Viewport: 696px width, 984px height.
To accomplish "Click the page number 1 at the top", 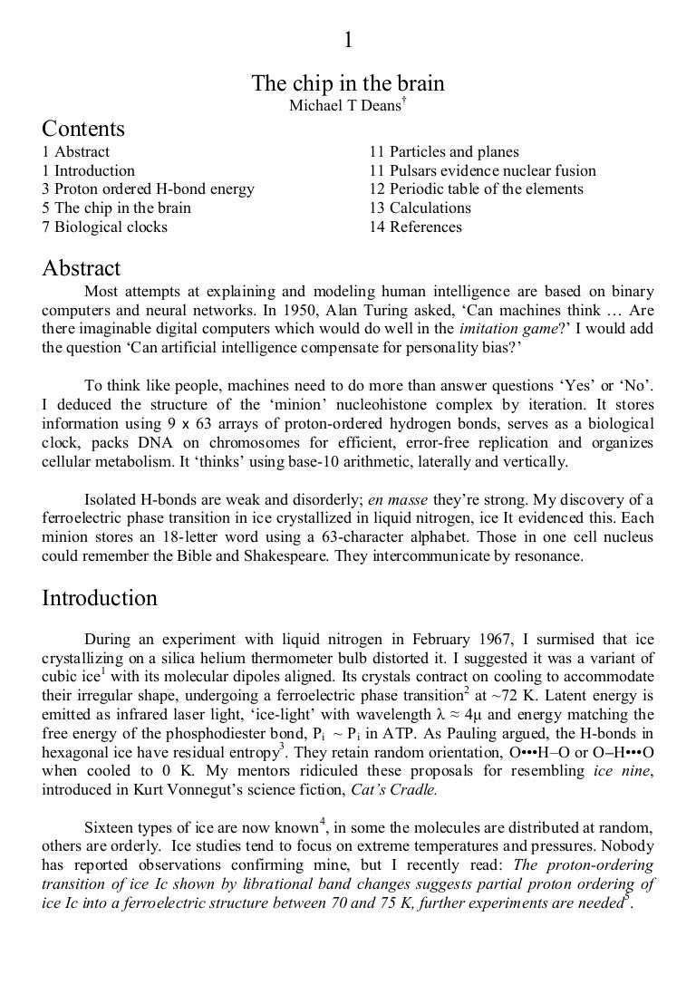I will click(x=348, y=40).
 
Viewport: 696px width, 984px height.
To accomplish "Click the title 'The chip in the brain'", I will click(x=348, y=84).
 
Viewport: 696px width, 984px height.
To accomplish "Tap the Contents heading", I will click(x=83, y=129).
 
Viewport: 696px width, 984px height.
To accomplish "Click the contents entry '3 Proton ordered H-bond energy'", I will click(x=149, y=189).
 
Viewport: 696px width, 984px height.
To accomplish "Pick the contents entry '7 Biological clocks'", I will click(x=105, y=227).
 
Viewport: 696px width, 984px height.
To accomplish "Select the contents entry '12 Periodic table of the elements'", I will click(x=476, y=189).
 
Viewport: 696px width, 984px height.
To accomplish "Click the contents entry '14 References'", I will click(x=415, y=227).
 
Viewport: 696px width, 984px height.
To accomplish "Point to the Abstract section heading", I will click(x=82, y=269).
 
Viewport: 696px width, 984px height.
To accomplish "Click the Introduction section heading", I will click(x=100, y=599).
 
